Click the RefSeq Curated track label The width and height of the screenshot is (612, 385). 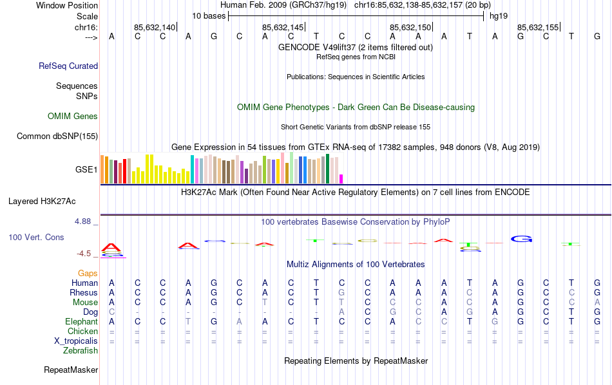pyautogui.click(x=68, y=66)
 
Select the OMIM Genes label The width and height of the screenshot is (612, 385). pyautogui.click(x=73, y=117)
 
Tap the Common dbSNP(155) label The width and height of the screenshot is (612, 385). pyautogui.click(x=57, y=136)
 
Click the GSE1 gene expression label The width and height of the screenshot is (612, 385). pyautogui.click(x=86, y=170)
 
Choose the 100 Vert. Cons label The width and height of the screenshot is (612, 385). pyautogui.click(x=36, y=238)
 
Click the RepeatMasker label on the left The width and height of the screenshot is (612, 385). pyautogui.click(x=71, y=370)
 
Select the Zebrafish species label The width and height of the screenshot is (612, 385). pyautogui.click(x=81, y=351)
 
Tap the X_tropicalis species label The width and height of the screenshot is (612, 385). pyautogui.click(x=76, y=341)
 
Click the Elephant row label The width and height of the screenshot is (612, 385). pyautogui.click(x=81, y=322)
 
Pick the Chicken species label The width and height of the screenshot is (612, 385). pyautogui.click(x=82, y=332)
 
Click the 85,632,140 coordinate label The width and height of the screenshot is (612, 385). pyautogui.click(x=155, y=28)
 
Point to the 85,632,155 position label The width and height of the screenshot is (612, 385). pyautogui.click(x=538, y=28)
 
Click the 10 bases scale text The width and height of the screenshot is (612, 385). pyautogui.click(x=209, y=15)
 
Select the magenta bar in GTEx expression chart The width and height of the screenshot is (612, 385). pyautogui.click(x=341, y=178)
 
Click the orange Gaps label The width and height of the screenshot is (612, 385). pyautogui.click(x=88, y=274)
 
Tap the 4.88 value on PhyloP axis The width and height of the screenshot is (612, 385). pyautogui.click(x=86, y=221)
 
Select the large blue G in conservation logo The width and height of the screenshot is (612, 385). pyautogui.click(x=522, y=239)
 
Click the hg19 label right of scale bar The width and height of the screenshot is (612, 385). pyautogui.click(x=499, y=15)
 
